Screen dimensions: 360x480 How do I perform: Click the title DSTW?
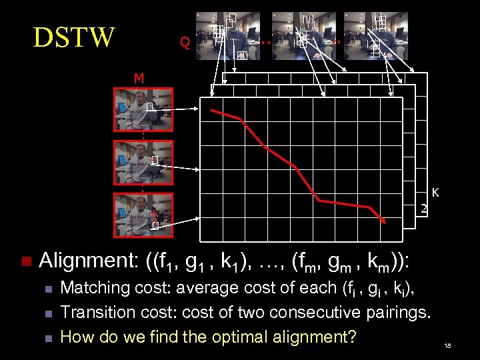point(74,37)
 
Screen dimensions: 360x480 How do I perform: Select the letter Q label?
point(185,43)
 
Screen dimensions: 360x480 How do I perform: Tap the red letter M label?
point(139,79)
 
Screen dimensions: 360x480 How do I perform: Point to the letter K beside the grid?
point(435,193)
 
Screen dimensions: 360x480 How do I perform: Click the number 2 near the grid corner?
point(423,209)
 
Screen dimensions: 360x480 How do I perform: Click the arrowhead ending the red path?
point(383,222)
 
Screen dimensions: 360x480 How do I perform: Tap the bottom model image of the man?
point(133,214)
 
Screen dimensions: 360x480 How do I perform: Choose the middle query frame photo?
point(303,35)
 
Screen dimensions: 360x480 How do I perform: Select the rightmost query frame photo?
point(372,35)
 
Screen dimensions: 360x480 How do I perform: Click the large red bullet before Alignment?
point(26,261)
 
